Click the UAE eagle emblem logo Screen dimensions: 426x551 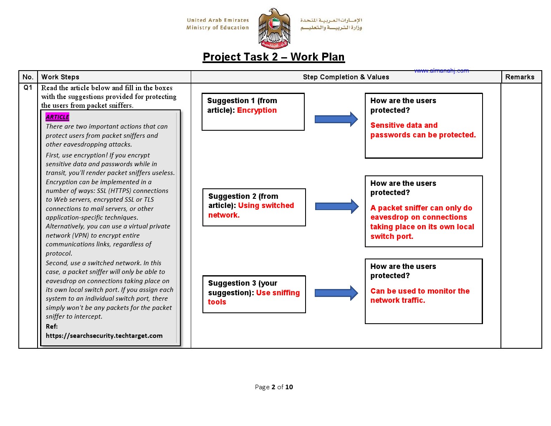coord(274,28)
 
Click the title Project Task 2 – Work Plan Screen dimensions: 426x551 coord(273,57)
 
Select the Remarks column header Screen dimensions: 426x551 coord(520,77)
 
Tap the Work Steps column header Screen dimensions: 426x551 coord(60,77)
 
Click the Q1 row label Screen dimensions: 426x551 coord(28,88)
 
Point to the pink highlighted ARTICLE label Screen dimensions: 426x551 coord(58,117)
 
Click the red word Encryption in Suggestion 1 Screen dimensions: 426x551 coord(257,110)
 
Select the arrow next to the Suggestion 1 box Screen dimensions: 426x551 coord(336,119)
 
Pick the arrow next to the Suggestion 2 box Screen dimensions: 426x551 coord(337,206)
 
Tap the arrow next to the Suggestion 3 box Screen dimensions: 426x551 coord(336,293)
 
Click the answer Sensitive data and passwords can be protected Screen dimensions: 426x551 coord(422,130)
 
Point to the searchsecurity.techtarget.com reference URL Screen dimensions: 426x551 coord(104,336)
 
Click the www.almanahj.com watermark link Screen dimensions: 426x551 coord(442,71)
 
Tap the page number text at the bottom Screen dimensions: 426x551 coord(274,387)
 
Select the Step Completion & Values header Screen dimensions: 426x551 coord(346,77)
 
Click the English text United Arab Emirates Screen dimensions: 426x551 coord(217,20)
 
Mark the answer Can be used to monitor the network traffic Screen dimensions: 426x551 coord(420,296)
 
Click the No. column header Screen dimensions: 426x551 coord(28,77)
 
